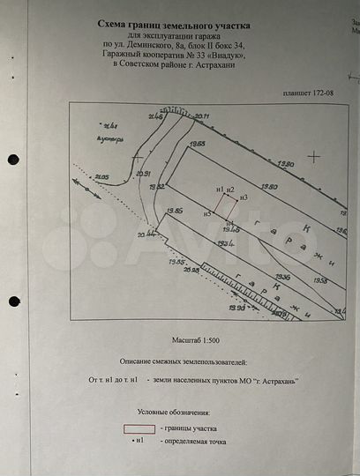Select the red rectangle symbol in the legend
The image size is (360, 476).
[138, 428]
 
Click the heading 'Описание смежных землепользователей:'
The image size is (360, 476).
[184, 361]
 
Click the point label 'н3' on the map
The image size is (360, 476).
[244, 197]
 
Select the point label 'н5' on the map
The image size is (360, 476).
[206, 213]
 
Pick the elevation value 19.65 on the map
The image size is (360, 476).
[197, 142]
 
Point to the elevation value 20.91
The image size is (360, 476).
[143, 174]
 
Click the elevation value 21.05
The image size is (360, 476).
[101, 177]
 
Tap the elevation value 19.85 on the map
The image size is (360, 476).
[174, 212]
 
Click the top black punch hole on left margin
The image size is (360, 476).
[12, 160]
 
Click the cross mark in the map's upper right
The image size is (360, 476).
[313, 155]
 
